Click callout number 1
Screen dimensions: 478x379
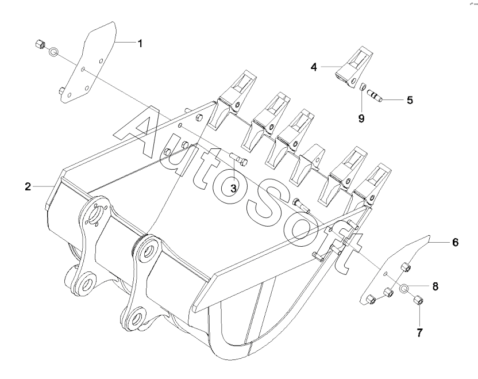point(140,44)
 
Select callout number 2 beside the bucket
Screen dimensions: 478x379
point(28,186)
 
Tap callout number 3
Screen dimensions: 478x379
point(233,188)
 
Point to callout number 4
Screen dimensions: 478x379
point(314,67)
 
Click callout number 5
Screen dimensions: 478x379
point(410,100)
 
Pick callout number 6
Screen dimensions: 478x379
point(455,242)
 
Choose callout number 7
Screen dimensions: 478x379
point(420,332)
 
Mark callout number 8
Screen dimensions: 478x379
point(435,286)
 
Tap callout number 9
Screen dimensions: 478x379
point(361,118)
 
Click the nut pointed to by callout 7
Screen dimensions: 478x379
point(418,300)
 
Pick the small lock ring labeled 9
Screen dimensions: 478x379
point(363,87)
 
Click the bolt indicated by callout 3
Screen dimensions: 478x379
point(238,159)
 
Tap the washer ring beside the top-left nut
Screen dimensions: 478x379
point(53,52)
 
